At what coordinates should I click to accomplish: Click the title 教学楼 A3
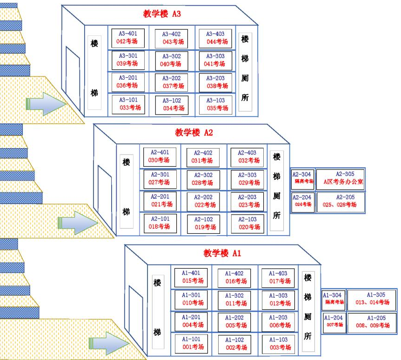[161, 14]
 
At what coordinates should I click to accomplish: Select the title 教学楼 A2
[194, 133]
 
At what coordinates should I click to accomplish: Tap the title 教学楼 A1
[222, 253]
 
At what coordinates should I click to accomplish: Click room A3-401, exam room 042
[128, 38]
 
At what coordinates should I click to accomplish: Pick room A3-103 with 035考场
[215, 105]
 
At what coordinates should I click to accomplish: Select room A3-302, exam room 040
[172, 61]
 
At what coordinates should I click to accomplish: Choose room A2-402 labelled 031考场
[203, 157]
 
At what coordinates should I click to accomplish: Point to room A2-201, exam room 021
[160, 201]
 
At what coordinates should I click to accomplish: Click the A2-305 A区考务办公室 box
[340, 180]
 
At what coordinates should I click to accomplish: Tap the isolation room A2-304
[302, 179]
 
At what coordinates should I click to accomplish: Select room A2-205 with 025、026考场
[340, 202]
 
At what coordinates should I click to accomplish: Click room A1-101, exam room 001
[191, 344]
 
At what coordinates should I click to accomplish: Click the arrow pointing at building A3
[46, 103]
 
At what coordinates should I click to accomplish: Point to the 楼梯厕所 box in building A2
[277, 191]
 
